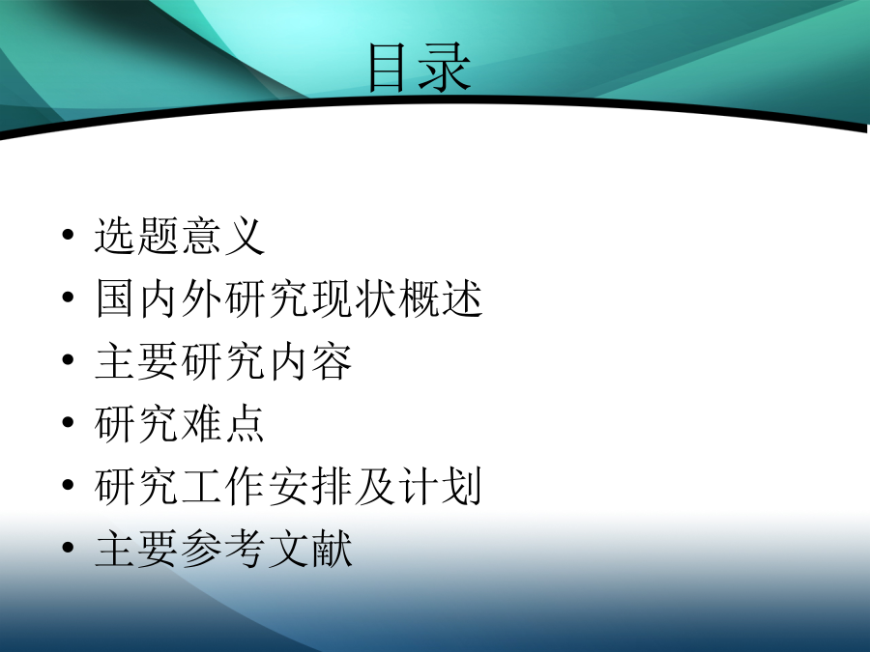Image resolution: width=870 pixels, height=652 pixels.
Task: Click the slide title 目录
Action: [420, 69]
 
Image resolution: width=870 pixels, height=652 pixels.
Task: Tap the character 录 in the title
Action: [446, 69]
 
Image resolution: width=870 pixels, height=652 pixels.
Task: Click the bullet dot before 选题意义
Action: [68, 235]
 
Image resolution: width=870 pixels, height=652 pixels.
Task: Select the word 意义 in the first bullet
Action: [223, 236]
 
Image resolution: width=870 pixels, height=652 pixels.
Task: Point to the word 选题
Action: [137, 236]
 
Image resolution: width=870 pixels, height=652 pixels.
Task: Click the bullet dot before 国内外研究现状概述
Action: [68, 298]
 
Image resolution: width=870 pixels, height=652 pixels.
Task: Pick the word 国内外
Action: [159, 298]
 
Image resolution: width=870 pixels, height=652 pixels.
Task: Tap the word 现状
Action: [354, 298]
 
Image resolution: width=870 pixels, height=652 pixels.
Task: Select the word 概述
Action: [441, 298]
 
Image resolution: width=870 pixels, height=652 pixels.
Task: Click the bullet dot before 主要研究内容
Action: [68, 360]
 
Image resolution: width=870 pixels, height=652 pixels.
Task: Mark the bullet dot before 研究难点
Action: [68, 422]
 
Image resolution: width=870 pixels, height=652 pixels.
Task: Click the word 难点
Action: [223, 424]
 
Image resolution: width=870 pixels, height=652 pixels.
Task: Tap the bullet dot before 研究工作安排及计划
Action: [68, 485]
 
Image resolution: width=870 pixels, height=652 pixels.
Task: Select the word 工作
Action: [224, 487]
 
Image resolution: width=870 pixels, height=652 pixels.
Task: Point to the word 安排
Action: [310, 487]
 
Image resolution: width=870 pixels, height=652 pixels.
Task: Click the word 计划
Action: [441, 487]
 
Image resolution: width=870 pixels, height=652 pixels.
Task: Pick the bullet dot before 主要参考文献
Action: [68, 548]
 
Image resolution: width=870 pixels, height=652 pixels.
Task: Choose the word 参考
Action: [224, 550]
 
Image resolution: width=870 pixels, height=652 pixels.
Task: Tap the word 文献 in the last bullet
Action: [310, 550]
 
